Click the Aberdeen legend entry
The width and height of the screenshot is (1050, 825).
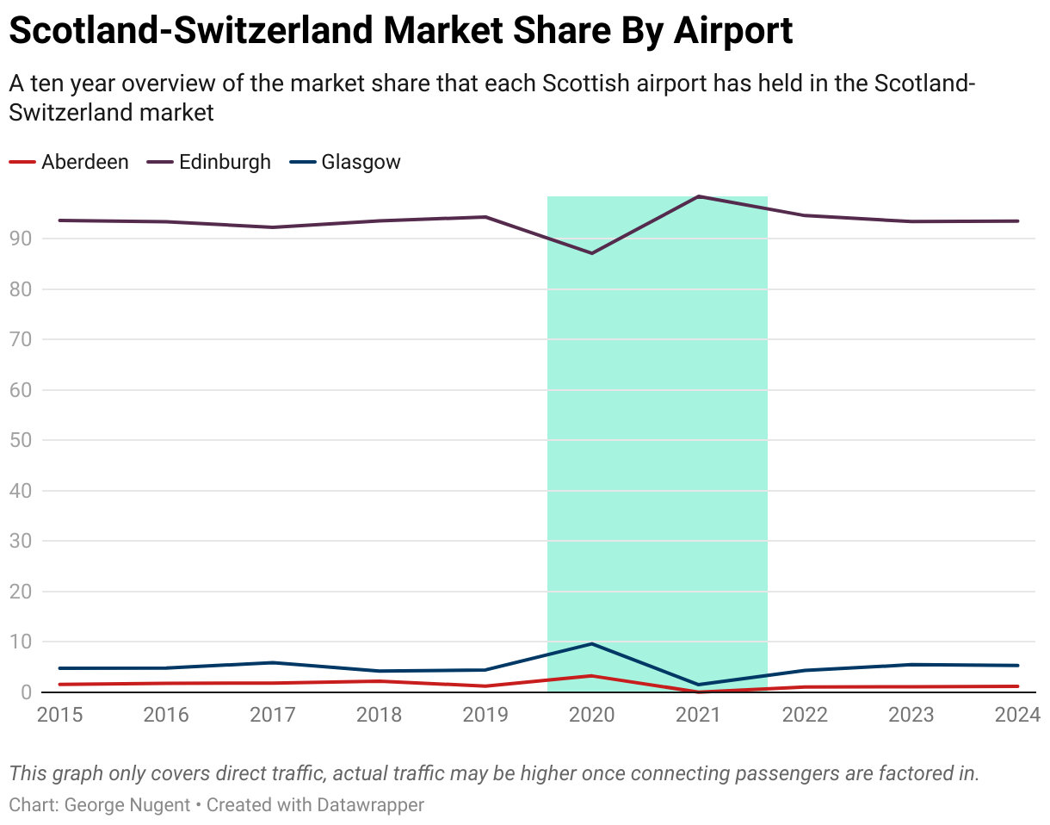pos(84,162)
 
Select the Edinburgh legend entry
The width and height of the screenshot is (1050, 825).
pos(224,162)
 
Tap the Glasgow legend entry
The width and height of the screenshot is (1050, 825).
pos(361,162)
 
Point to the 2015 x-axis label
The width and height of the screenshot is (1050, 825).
pos(59,715)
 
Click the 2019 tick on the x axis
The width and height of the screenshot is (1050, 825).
pos(485,715)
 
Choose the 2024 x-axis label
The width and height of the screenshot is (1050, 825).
pos(1017,715)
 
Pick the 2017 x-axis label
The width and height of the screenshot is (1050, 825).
pos(272,715)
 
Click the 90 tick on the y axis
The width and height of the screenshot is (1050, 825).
pos(22,239)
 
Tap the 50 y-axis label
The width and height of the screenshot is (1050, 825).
pos(22,440)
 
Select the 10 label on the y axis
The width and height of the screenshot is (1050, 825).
pos(22,642)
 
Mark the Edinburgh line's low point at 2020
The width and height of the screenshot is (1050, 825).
pos(592,253)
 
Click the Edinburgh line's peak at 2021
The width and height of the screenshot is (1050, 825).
pos(699,196)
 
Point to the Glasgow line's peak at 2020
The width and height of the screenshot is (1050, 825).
pos(592,643)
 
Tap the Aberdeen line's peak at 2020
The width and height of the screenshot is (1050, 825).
pos(592,676)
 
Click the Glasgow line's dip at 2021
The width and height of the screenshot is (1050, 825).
pos(699,685)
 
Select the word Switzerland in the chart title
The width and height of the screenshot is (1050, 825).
pos(279,31)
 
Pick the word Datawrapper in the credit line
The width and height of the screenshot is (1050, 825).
pos(371,805)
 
